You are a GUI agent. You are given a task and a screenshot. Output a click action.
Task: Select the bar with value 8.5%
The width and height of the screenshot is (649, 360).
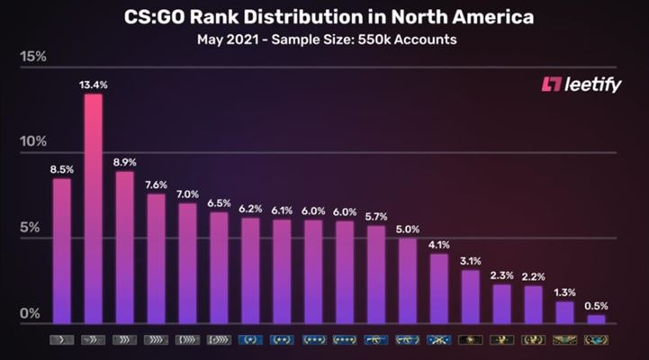point(61,251)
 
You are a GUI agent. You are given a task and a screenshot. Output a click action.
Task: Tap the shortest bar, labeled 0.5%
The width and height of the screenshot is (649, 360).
point(596,319)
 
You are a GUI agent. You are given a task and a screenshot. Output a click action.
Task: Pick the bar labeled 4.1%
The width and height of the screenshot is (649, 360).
point(438,288)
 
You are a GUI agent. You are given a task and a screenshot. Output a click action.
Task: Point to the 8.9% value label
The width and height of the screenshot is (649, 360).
point(124,161)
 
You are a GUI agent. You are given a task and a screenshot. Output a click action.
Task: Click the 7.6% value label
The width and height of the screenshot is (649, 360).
point(156,184)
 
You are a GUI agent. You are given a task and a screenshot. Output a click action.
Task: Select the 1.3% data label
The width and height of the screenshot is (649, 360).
point(564,292)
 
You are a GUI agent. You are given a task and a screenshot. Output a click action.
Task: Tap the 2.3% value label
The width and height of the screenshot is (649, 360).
point(501,274)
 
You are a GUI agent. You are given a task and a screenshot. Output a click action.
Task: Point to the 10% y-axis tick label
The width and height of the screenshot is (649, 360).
point(33,142)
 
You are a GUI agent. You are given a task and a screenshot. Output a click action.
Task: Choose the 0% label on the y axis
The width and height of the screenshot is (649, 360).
point(31,313)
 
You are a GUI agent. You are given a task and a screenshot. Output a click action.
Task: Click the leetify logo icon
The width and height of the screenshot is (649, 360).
point(550,85)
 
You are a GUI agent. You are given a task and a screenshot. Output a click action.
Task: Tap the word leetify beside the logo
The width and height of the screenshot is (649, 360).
point(595,85)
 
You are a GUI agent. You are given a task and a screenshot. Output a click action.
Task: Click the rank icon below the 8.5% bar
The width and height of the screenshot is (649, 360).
point(61,340)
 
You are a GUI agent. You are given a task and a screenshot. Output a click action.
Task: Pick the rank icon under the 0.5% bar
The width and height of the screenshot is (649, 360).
point(596,340)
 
